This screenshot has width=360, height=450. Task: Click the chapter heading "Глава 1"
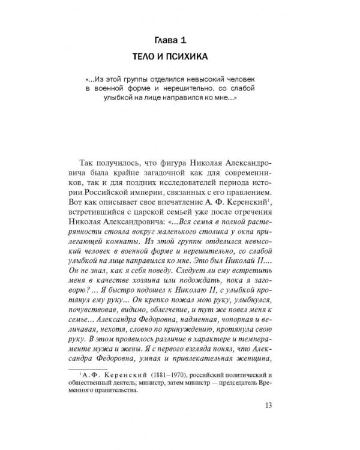tap(179, 41)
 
